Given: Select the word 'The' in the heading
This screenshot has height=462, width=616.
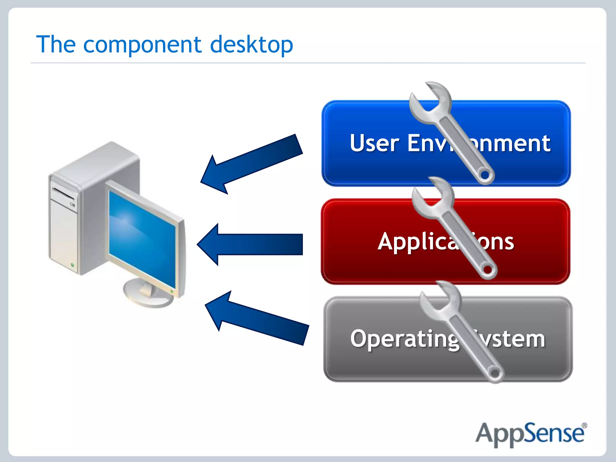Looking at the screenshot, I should pos(56,45).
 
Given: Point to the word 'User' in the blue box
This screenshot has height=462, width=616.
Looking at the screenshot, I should pos(374,143).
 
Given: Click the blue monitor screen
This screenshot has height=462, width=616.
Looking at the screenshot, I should pos(141,238).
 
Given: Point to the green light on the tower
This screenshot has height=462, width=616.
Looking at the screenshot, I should pos(72,265).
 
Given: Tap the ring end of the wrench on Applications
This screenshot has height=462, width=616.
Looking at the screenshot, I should pos(487,269).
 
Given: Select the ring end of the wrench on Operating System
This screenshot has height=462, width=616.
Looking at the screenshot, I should pos(494,374).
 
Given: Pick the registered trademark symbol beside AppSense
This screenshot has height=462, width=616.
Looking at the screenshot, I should pos(584,426).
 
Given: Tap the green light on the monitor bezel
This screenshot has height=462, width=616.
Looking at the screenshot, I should pos(172,291).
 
